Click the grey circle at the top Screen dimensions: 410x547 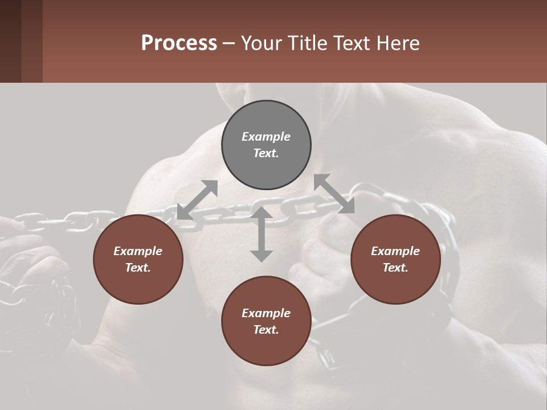pos(266,145)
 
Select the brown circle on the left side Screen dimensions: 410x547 pos(138,259)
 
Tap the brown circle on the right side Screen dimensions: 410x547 pos(395,259)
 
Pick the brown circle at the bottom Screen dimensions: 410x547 pos(266,321)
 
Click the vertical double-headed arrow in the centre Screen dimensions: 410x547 pos(262,234)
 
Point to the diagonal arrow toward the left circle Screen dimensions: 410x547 pos(197,200)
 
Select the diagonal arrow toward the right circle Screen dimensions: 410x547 pos(334,194)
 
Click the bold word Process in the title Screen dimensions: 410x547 pos(179,43)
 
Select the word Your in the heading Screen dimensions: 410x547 pos(259,43)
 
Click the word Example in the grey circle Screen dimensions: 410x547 pos(266,137)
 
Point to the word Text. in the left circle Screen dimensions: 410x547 pos(138,268)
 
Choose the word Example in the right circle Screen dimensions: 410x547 pos(395,251)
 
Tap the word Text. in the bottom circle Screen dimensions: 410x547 pos(266,330)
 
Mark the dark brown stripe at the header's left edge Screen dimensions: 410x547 pos(10,41)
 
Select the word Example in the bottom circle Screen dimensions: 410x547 pos(266,313)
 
